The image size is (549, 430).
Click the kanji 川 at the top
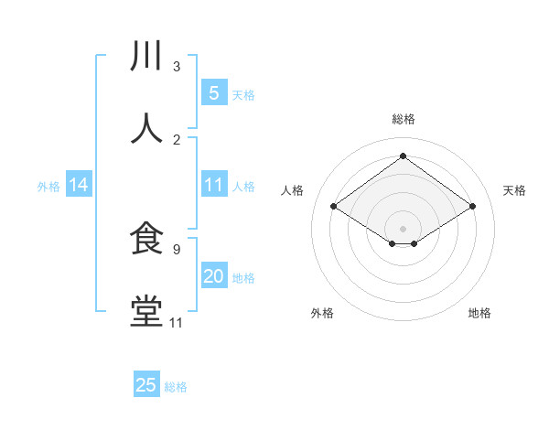click(x=146, y=57)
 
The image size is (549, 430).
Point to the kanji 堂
click(x=146, y=312)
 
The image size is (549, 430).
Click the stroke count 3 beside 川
click(x=177, y=66)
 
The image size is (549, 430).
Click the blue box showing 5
click(x=213, y=92)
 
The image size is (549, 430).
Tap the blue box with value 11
click(x=213, y=185)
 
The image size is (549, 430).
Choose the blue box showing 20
click(x=213, y=276)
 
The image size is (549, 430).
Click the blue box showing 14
click(x=79, y=185)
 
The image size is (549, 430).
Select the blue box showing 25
click(x=146, y=385)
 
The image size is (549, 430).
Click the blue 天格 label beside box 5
click(x=243, y=94)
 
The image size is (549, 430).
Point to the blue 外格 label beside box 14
click(x=48, y=186)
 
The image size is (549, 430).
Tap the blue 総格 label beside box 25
click(x=176, y=387)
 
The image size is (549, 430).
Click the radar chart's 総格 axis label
click(x=404, y=119)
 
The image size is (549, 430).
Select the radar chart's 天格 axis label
click(x=514, y=190)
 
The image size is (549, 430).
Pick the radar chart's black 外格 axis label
click(x=322, y=313)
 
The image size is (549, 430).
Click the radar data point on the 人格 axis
click(x=333, y=207)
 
